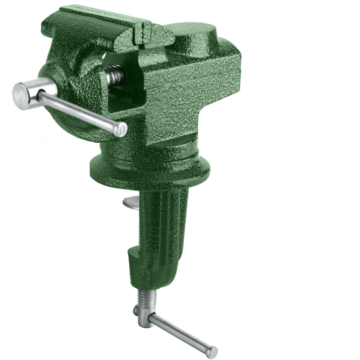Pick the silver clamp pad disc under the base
pos(132,203)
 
